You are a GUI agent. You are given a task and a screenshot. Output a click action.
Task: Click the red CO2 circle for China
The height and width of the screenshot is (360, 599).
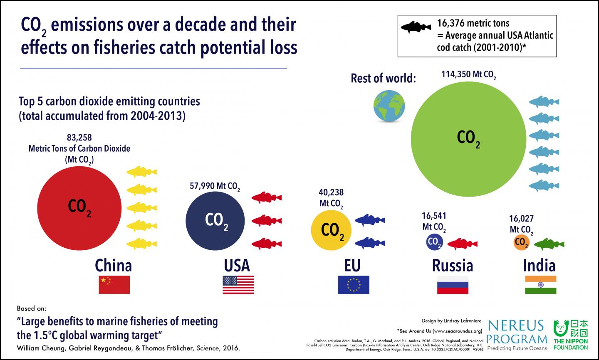[x=79, y=207]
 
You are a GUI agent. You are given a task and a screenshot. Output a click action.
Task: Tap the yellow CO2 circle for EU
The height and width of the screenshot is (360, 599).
[x=331, y=230]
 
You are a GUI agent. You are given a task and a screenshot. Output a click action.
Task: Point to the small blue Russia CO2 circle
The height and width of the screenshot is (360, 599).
[x=434, y=242]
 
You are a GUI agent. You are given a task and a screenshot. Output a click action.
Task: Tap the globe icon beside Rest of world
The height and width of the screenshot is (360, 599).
[x=389, y=107]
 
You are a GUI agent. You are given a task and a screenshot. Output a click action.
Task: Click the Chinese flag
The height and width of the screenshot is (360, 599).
[x=114, y=285]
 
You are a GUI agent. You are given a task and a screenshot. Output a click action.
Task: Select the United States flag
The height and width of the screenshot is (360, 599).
[x=238, y=285]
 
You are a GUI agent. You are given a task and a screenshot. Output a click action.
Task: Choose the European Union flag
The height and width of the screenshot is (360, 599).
[x=353, y=285]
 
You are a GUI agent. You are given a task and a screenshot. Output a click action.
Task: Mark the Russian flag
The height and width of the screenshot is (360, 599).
[x=453, y=285]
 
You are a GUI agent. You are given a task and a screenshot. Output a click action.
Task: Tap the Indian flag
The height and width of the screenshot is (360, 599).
[x=540, y=285]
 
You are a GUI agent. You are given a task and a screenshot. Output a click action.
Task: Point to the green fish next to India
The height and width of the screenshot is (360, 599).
[x=549, y=244]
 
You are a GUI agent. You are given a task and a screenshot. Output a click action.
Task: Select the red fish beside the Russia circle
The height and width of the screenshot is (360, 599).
[x=462, y=244]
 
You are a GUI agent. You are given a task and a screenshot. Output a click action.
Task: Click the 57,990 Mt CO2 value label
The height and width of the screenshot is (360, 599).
[x=215, y=186]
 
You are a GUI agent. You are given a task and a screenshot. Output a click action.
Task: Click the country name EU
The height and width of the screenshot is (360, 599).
[x=352, y=265]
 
